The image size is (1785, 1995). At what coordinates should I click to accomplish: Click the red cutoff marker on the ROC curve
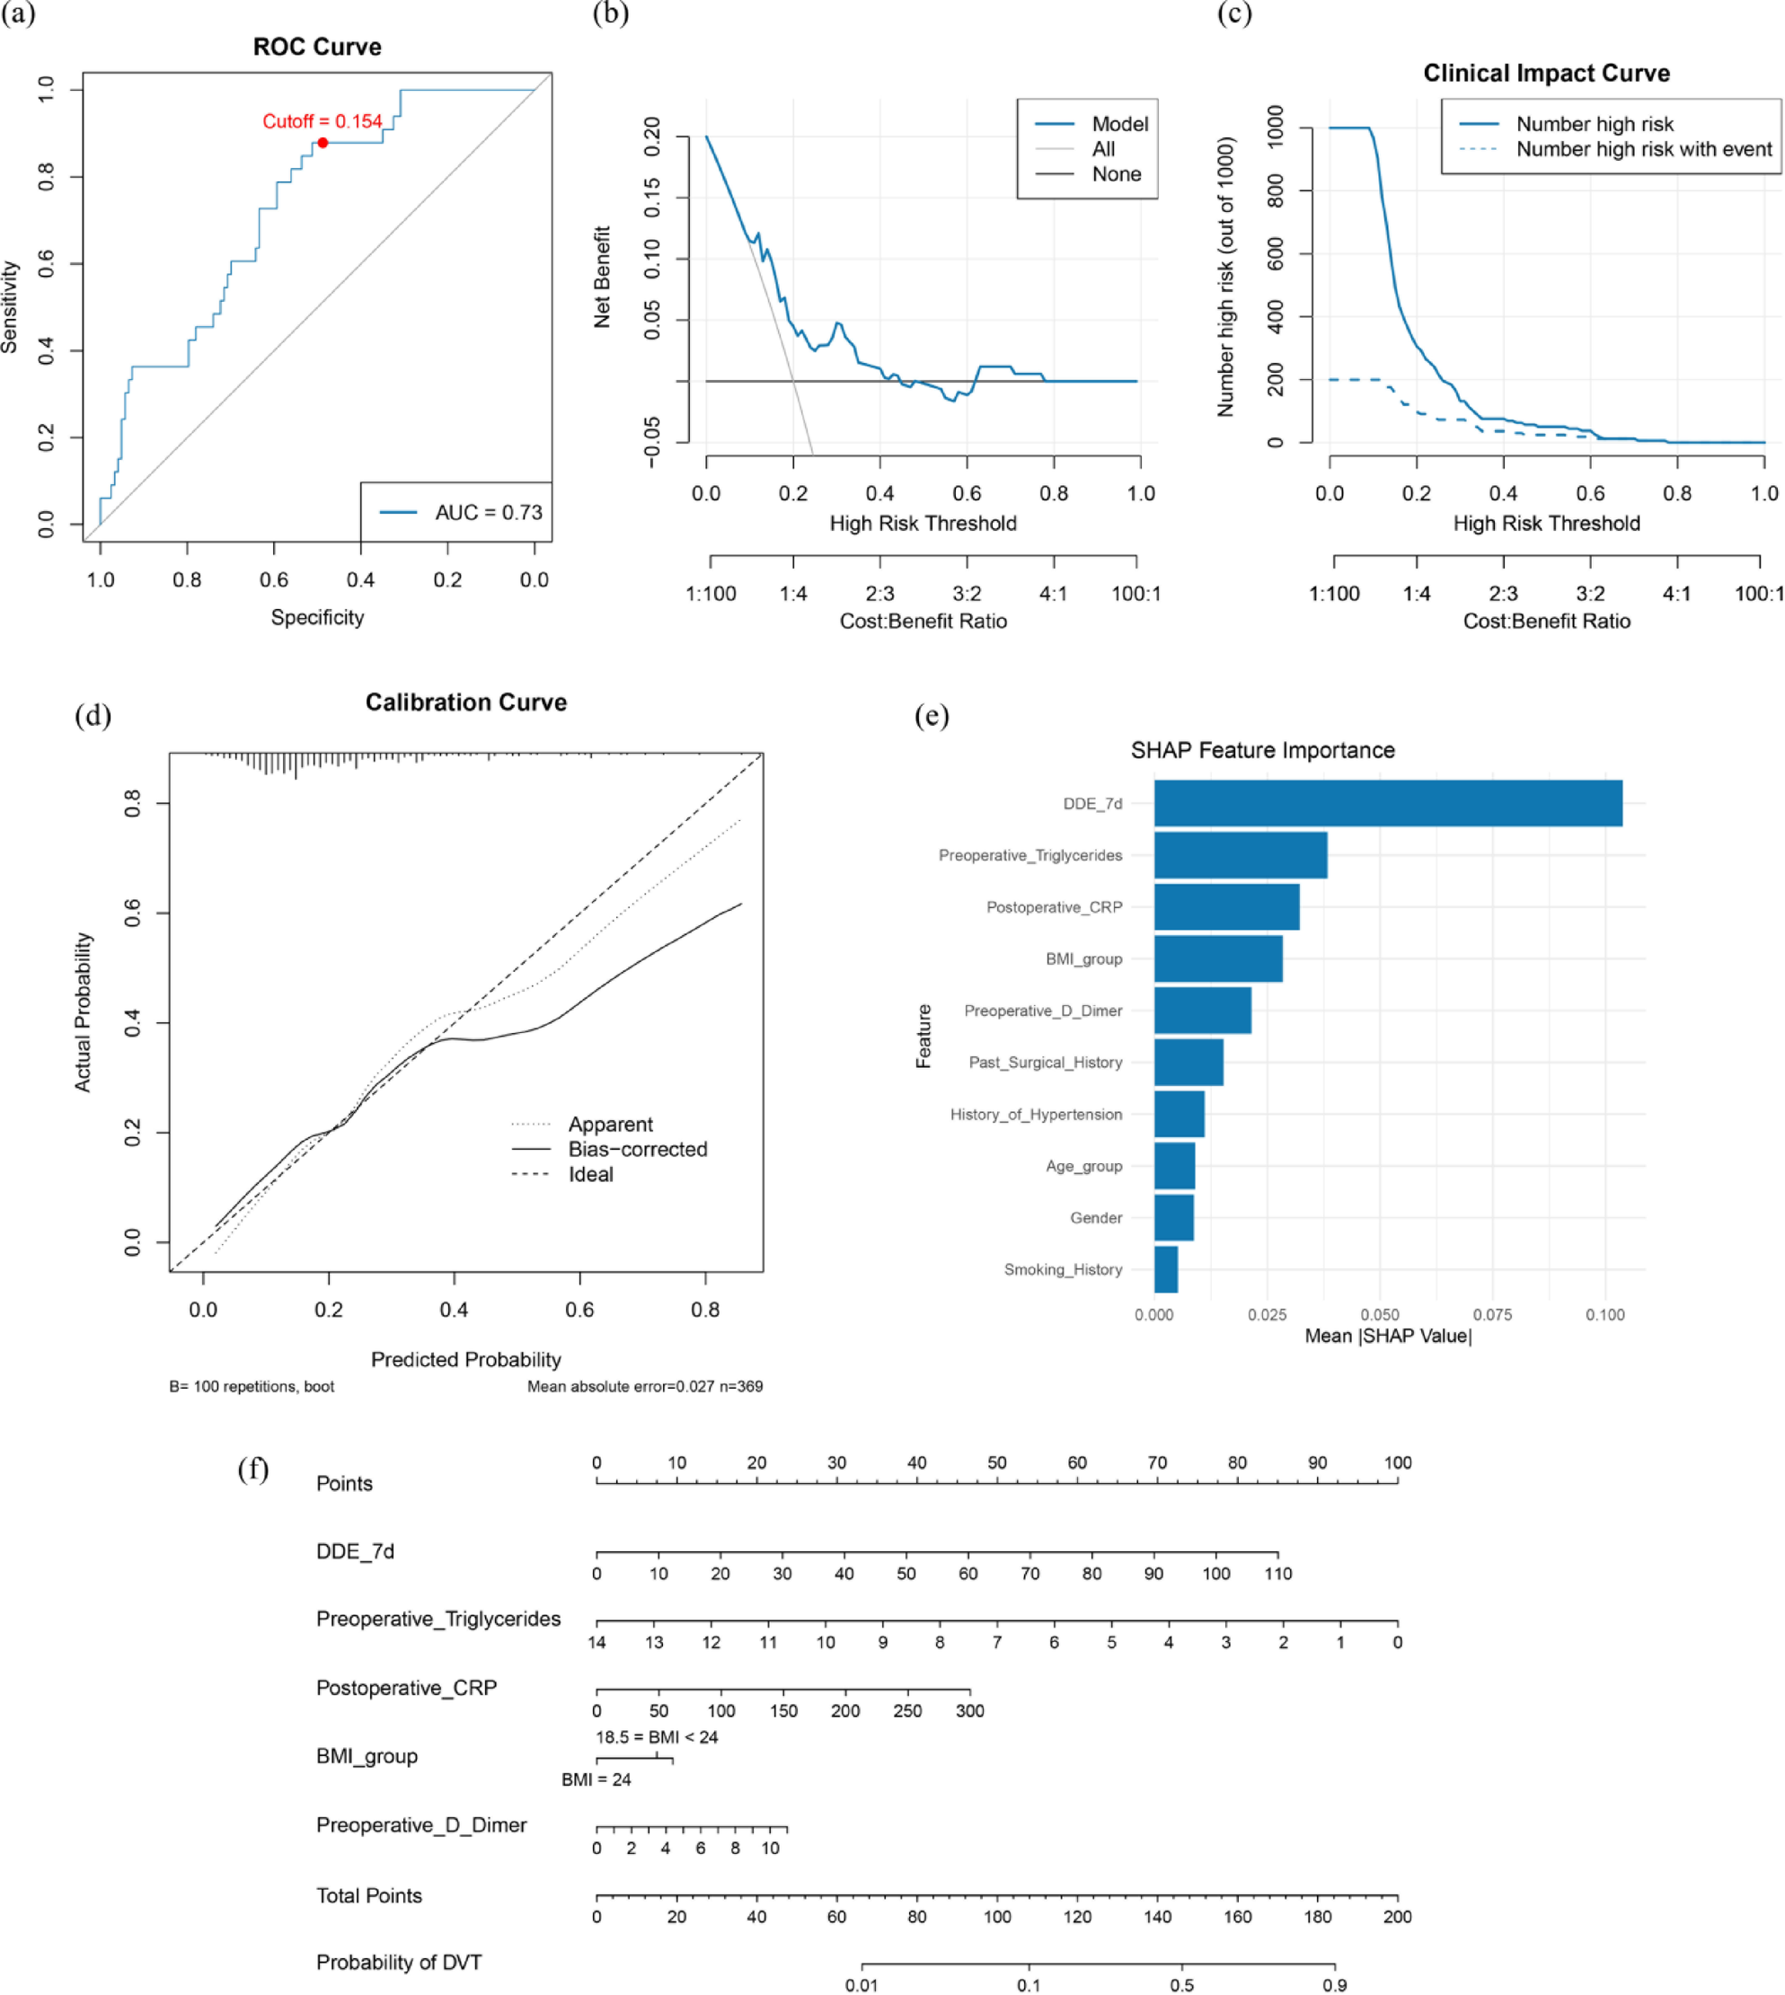(x=323, y=143)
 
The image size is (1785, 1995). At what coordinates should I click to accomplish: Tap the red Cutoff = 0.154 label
(x=322, y=121)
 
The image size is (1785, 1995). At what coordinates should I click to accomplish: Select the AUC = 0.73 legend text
(x=489, y=512)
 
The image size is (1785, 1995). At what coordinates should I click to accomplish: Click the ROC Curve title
(x=317, y=47)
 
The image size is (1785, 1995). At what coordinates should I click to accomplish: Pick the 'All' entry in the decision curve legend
(x=1103, y=149)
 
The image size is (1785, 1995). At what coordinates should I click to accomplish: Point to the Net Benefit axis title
(x=602, y=277)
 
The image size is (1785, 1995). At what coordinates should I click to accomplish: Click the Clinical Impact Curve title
(x=1546, y=74)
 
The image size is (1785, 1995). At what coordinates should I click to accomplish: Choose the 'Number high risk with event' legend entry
(x=1644, y=149)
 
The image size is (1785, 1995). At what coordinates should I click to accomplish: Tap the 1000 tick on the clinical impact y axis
(x=1276, y=127)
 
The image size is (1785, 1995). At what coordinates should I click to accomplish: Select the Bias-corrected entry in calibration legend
(x=638, y=1149)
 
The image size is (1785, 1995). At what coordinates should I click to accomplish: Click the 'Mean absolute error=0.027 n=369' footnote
(x=644, y=1386)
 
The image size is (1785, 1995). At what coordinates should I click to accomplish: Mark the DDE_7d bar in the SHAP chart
(x=1387, y=803)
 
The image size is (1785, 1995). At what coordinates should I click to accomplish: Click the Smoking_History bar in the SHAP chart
(x=1166, y=1269)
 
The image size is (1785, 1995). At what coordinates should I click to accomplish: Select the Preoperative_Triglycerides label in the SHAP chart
(x=1029, y=855)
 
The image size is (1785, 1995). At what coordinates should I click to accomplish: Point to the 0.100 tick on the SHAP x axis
(x=1604, y=1314)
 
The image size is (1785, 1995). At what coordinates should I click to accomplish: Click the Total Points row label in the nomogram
(x=369, y=1895)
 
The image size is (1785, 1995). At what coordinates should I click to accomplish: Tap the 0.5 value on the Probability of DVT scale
(x=1182, y=1984)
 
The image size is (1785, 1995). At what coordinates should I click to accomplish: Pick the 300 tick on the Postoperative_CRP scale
(x=970, y=1710)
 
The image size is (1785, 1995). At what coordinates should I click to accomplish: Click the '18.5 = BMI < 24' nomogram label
(x=656, y=1737)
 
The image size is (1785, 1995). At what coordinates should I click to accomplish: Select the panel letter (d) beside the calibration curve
(x=93, y=715)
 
